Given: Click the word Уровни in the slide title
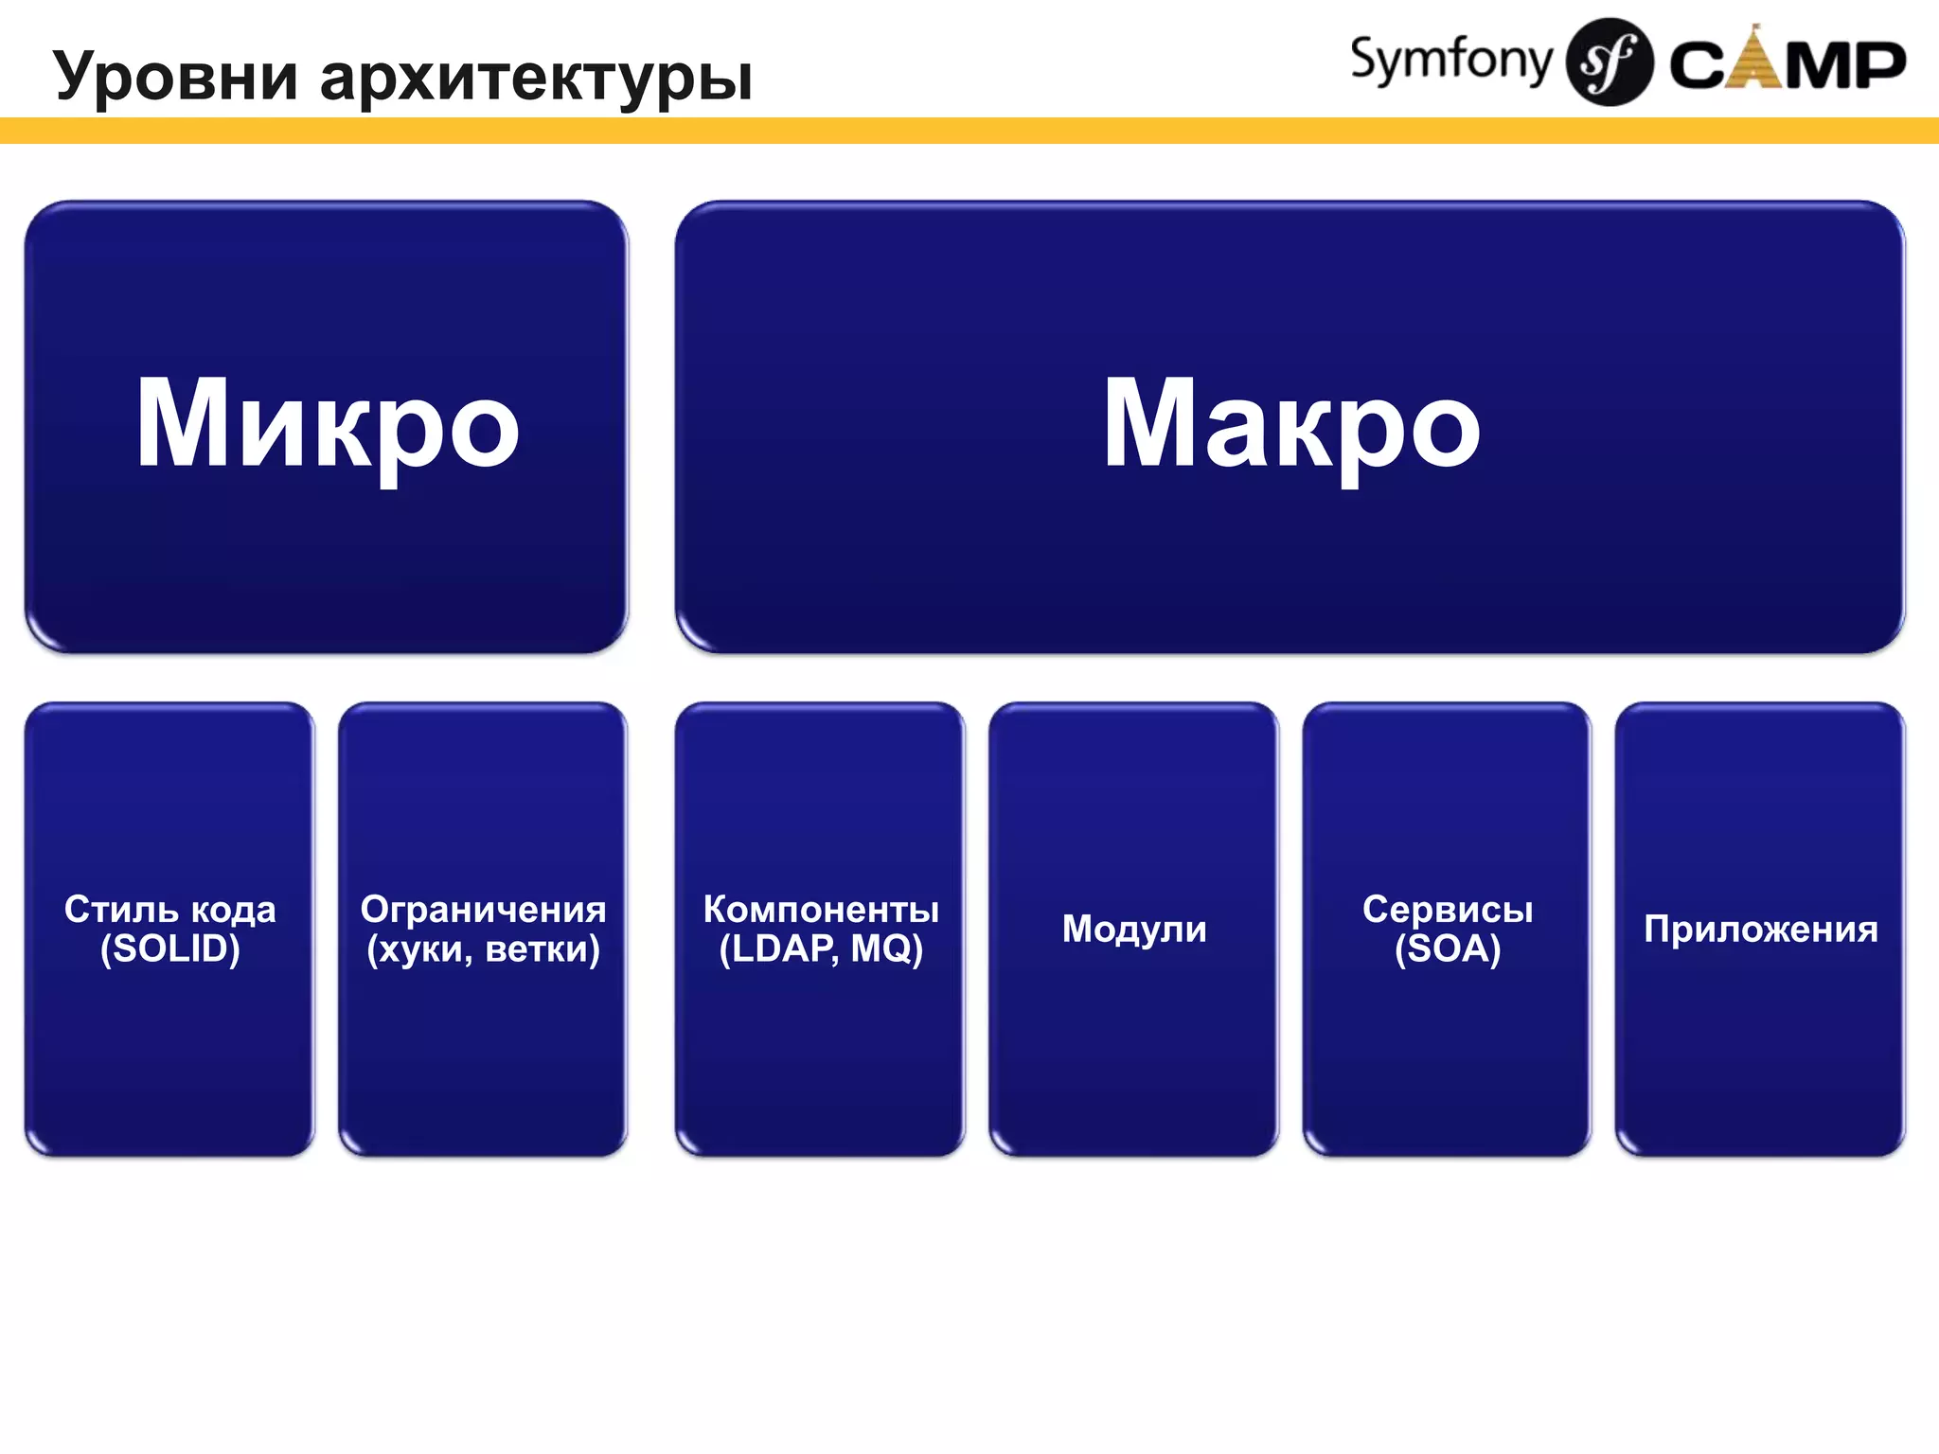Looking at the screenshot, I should (176, 76).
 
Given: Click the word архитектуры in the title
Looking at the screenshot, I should (536, 78).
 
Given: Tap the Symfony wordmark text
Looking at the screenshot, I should (1450, 61).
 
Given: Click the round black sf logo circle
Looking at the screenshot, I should (1609, 62).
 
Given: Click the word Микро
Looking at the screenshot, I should (327, 423).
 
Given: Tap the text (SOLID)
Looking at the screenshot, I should (170, 949).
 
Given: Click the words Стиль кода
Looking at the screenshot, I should (170, 909).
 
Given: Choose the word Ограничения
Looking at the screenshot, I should (483, 909).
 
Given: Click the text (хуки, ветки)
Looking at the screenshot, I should (483, 949).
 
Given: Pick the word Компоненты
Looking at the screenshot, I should (821, 909).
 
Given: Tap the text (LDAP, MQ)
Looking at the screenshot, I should (821, 949).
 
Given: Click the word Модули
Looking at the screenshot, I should (1134, 929).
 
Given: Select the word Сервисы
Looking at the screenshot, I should (1448, 909).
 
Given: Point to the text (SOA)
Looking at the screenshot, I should (1448, 949).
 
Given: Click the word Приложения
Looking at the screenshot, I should (1761, 929).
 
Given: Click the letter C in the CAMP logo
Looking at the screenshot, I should (1698, 66).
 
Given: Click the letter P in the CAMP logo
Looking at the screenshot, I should (1878, 66).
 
